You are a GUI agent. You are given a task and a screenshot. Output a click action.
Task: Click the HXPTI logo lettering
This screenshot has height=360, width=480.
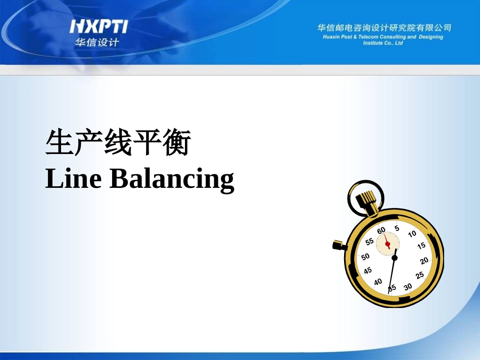[x=99, y=26]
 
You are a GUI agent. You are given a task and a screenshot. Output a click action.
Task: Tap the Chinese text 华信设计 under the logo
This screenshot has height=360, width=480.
[x=97, y=42]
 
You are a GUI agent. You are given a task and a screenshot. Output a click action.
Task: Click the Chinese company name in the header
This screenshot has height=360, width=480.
[x=384, y=28]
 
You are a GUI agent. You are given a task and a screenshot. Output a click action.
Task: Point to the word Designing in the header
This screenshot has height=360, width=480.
[x=430, y=37]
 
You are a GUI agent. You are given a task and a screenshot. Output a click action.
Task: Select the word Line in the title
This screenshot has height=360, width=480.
[x=73, y=179]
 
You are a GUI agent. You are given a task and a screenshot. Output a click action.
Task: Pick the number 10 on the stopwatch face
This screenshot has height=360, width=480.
[x=412, y=234]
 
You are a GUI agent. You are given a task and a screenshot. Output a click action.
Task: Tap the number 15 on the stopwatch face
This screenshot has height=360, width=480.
[x=421, y=246]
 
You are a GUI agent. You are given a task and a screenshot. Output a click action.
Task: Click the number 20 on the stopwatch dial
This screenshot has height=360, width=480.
[x=424, y=261]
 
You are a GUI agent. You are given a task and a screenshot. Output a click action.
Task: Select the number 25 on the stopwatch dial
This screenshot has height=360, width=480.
[x=419, y=276]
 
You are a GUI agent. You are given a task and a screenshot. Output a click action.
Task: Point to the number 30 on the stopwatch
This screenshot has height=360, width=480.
[x=408, y=287]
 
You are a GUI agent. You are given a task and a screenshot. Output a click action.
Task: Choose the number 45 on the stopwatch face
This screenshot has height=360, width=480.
[x=368, y=271]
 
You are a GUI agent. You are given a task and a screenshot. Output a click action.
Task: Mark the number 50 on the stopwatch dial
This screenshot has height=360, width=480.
[x=365, y=256]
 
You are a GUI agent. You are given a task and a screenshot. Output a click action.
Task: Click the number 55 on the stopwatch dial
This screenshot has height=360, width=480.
[x=370, y=242]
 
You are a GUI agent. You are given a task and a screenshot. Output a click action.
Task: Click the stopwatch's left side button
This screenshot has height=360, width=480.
[x=339, y=245]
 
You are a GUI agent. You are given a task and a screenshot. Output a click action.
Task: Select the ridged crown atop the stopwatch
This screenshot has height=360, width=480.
[x=365, y=198]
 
